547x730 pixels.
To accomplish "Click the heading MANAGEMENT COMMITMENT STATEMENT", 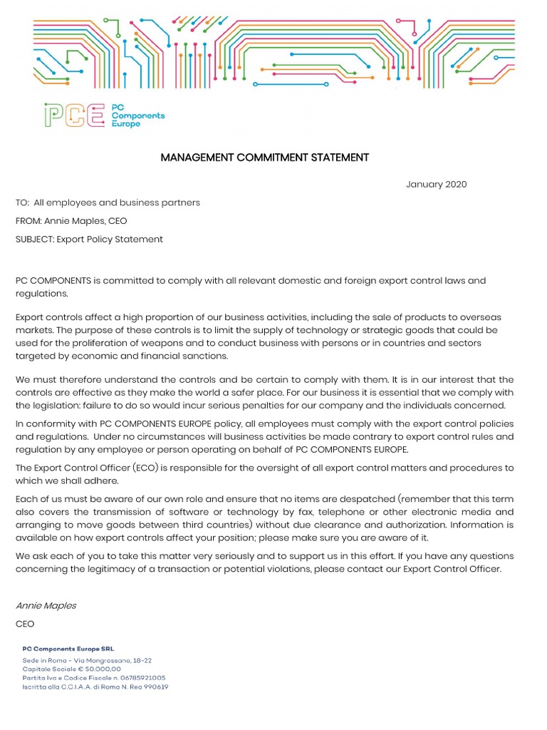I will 265,158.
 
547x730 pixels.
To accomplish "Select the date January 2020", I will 436,185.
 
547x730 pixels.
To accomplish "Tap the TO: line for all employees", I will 108,202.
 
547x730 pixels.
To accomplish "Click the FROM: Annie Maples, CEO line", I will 71,221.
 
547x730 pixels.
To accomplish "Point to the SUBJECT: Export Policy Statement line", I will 89,240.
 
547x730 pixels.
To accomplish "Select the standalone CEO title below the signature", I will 25,624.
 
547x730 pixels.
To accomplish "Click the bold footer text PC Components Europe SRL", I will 68,649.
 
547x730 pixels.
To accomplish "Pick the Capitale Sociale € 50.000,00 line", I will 71,669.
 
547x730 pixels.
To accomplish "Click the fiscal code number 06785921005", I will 142,678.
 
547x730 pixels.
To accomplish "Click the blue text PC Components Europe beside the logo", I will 137,115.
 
